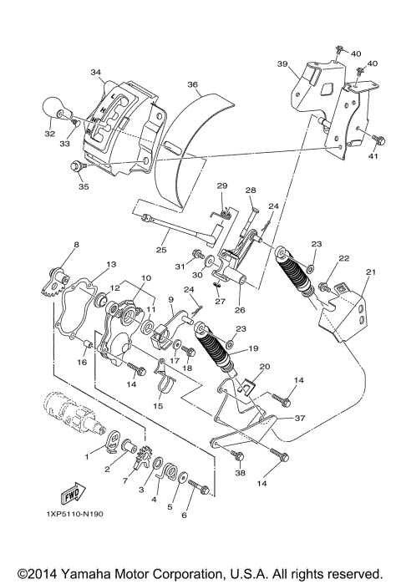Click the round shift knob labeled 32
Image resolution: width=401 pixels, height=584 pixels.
pos(54,108)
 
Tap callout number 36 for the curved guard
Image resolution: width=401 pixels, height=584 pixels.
pos(192,84)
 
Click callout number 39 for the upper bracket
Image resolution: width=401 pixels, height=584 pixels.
pos(283,63)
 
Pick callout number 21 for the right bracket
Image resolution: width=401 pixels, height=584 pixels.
pos(371,272)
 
